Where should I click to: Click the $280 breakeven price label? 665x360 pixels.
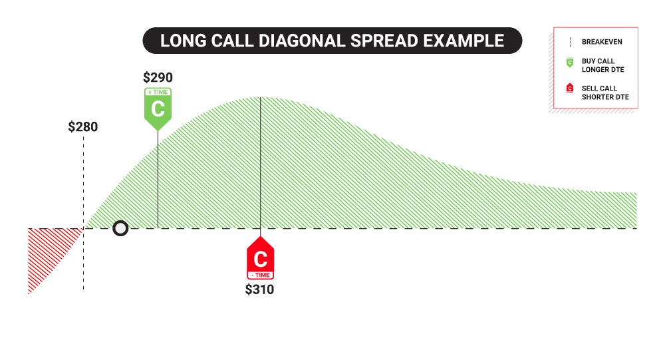[83, 126]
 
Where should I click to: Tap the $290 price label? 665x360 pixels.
[158, 77]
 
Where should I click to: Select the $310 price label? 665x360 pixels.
[259, 289]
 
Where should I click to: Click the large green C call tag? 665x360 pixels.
[158, 109]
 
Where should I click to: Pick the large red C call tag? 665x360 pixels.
[261, 258]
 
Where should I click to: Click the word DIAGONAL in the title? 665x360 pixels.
[301, 41]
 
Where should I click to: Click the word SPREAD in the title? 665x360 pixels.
[384, 41]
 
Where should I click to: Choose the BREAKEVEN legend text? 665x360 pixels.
[602, 42]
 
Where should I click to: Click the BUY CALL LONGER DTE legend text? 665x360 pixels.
[602, 65]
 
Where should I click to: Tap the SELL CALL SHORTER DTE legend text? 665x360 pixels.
[605, 92]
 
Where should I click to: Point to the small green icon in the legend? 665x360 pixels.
[570, 63]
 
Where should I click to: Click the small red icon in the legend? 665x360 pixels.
[570, 88]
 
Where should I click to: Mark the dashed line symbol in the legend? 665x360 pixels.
[570, 42]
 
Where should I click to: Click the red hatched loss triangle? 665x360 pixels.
[46, 250]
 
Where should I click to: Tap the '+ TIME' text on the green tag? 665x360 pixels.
[158, 92]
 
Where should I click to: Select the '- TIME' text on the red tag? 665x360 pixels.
[261, 275]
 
